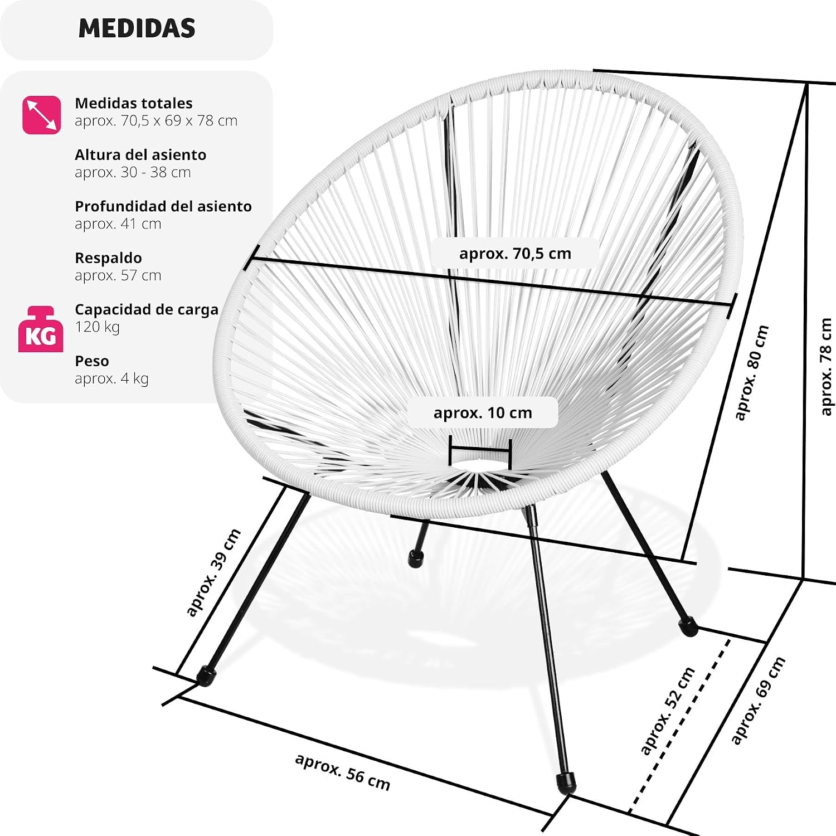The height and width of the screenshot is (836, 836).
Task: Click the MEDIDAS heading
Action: tap(137, 28)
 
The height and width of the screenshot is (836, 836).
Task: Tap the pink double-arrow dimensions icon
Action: tap(42, 115)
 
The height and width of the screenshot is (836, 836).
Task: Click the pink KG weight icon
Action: tap(41, 329)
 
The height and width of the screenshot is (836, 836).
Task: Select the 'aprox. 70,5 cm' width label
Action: tap(515, 254)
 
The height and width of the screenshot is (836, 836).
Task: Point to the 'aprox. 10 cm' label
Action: tap(483, 413)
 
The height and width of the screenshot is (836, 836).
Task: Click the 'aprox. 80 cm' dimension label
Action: tap(751, 373)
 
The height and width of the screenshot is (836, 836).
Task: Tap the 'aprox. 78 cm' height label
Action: tap(826, 366)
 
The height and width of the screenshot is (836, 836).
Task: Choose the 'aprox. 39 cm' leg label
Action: tap(213, 572)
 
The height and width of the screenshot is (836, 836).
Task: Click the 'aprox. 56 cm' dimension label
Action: tap(342, 772)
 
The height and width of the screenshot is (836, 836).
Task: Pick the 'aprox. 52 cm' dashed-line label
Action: tap(667, 711)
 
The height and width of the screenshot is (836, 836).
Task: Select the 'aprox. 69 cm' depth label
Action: tap(758, 700)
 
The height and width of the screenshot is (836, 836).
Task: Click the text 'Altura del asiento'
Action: tap(140, 155)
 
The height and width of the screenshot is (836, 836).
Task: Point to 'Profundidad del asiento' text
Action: tap(163, 206)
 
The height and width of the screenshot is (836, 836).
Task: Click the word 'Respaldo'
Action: tap(108, 258)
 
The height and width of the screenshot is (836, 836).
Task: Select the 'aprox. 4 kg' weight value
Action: tap(111, 378)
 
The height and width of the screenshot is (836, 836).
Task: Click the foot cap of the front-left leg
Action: tap(206, 676)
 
